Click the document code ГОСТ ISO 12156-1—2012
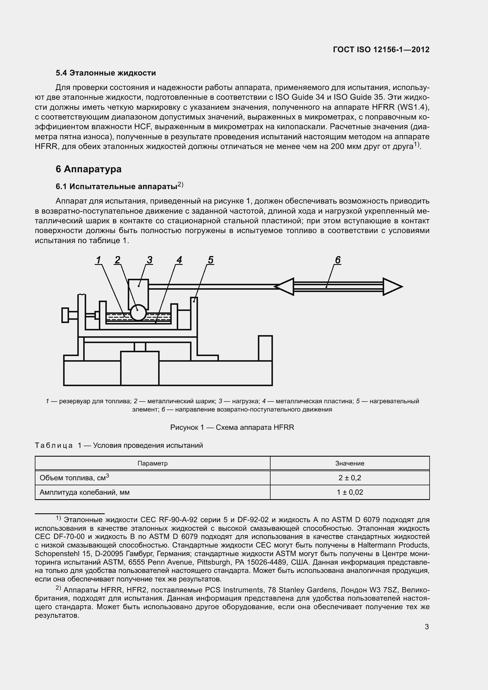pyautogui.click(x=381, y=50)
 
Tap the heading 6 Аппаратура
pyautogui.click(x=88, y=169)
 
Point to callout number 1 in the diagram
pyautogui.click(x=98, y=260)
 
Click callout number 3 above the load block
pyautogui.click(x=149, y=260)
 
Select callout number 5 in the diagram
pyautogui.click(x=210, y=260)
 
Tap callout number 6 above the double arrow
pyautogui.click(x=338, y=260)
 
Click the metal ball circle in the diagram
pyautogui.click(x=138, y=313)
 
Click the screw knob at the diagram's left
pyautogui.click(x=65, y=315)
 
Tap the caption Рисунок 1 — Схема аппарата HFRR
pyautogui.click(x=232, y=427)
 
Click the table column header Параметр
pyautogui.click(x=152, y=463)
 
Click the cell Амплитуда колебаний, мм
pyautogui.click(x=84, y=492)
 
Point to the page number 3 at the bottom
pyautogui.click(x=427, y=627)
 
